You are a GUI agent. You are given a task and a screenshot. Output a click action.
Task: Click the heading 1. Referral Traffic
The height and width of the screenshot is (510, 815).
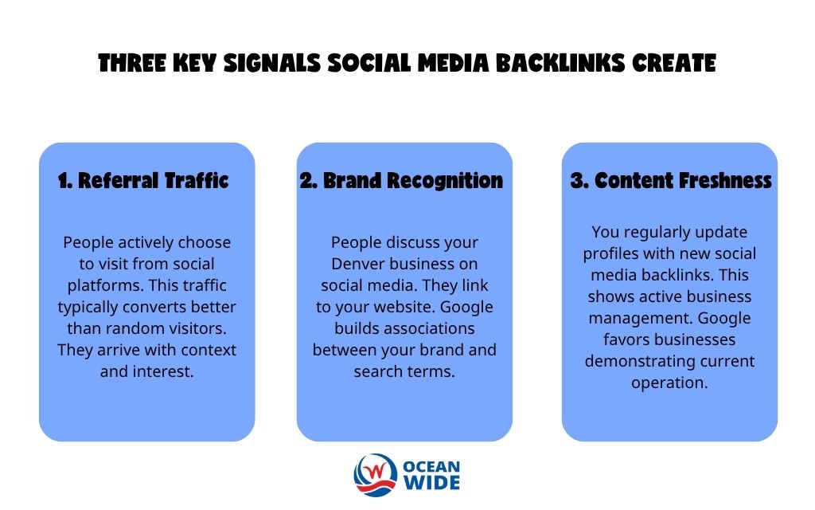[143, 181]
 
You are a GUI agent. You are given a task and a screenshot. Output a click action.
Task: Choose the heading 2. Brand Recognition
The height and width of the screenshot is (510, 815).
[401, 181]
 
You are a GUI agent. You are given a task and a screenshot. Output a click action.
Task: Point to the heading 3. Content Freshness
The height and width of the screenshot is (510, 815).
[671, 181]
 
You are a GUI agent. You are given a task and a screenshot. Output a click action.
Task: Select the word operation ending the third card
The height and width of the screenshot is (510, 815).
[669, 382]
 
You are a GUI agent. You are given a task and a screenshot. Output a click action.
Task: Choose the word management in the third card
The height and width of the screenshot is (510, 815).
[633, 318]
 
